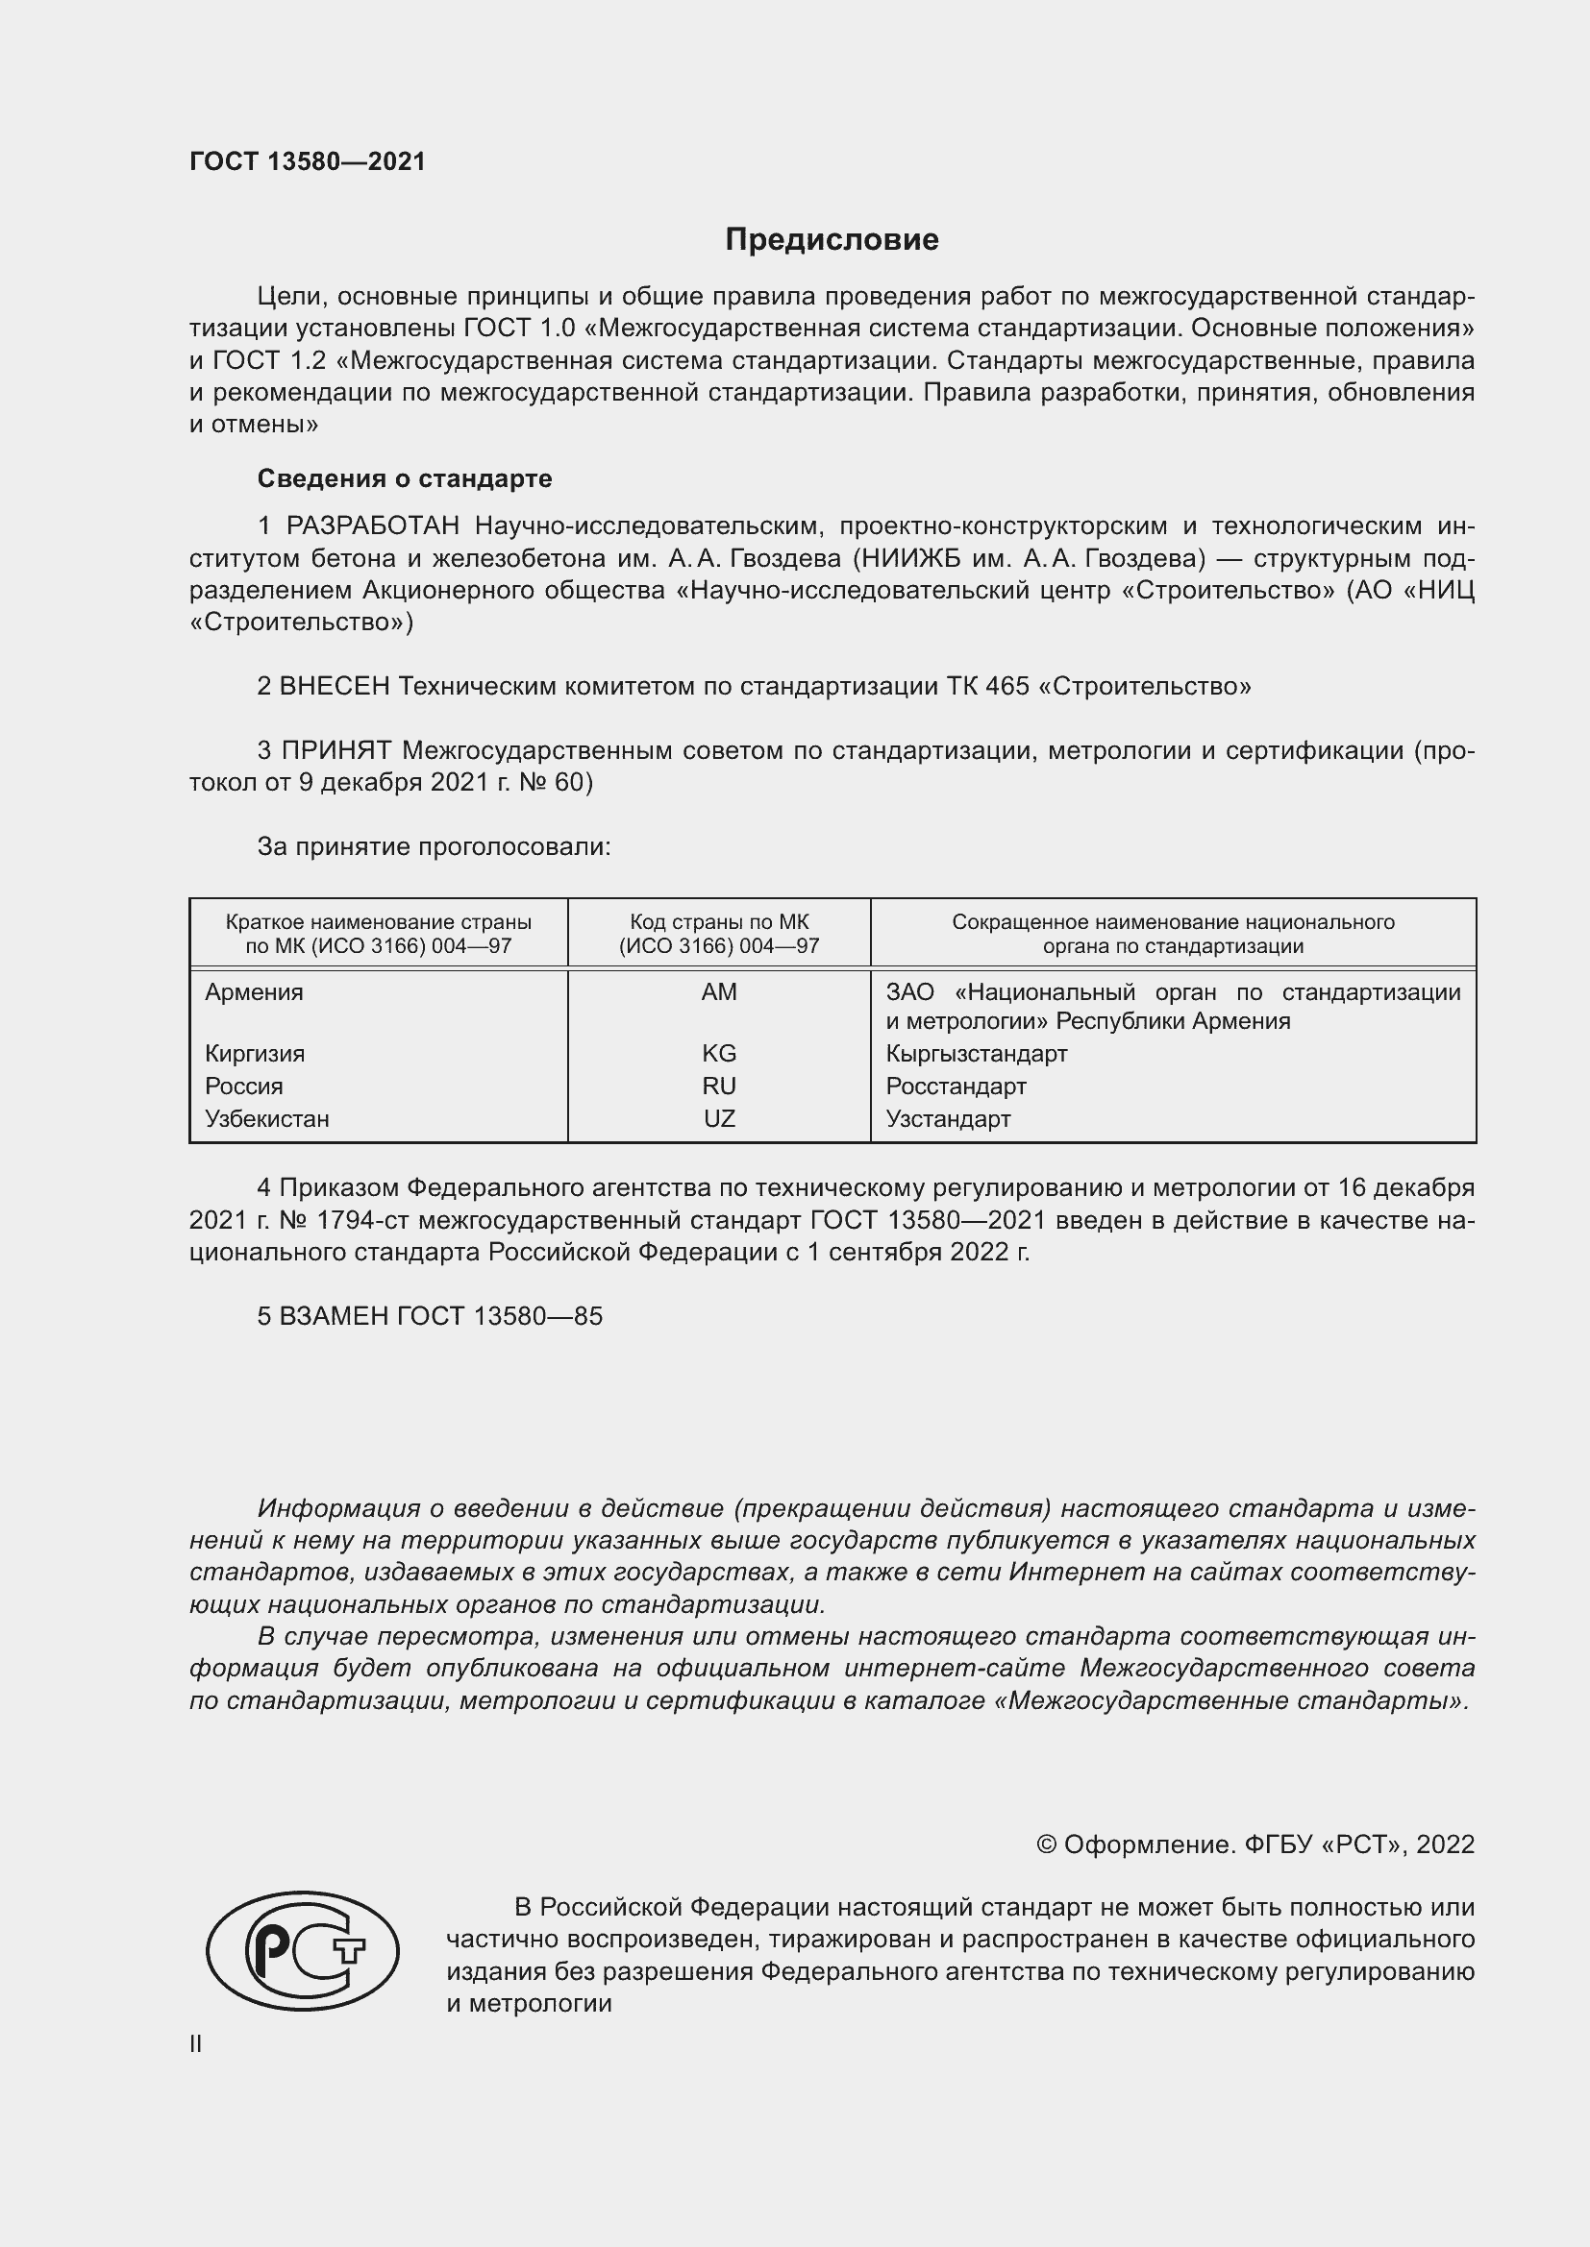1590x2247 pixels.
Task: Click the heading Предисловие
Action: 832,240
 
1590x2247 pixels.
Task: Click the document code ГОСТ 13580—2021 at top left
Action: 308,161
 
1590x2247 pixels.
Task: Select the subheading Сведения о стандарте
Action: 405,478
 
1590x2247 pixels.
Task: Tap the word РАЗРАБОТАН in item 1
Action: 372,526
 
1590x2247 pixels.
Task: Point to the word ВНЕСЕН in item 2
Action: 335,686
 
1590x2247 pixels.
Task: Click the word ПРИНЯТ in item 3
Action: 336,750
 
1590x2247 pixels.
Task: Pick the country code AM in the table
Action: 719,992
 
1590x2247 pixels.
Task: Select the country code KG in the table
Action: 719,1054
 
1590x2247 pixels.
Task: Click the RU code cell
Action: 719,1087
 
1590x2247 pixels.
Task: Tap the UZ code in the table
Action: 719,1118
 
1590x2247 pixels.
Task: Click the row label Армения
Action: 254,992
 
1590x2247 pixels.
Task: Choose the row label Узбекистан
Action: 266,1118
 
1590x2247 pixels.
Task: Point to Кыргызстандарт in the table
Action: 976,1054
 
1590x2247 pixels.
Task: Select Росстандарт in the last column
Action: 956,1087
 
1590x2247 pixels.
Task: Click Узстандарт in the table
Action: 948,1118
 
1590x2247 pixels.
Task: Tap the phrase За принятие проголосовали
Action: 434,846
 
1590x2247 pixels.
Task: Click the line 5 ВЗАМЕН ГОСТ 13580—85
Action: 430,1316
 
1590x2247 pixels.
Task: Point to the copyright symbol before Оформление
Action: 1046,1844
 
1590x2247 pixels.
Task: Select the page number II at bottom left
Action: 196,2043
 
